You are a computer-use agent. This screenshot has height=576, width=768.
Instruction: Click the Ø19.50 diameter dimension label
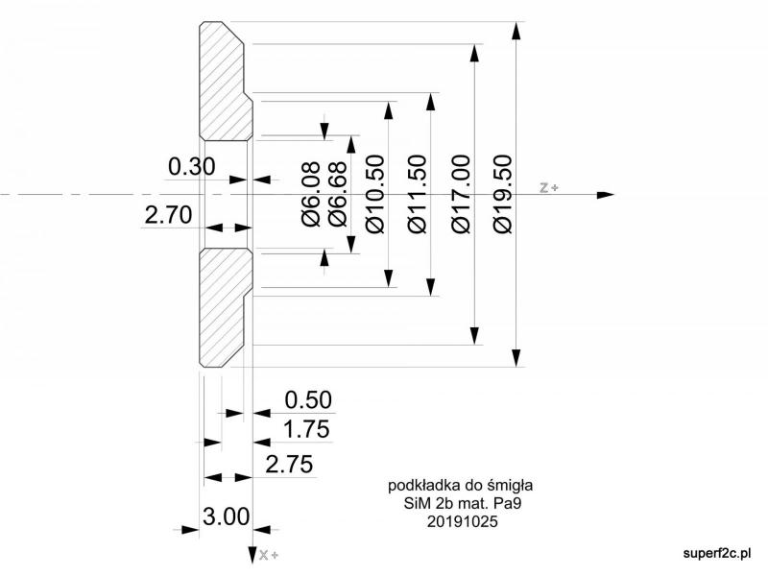(503, 194)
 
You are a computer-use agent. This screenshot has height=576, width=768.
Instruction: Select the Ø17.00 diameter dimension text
(461, 194)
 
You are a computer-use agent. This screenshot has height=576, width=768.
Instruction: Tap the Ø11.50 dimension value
(418, 194)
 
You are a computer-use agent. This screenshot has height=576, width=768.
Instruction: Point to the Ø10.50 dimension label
(375, 194)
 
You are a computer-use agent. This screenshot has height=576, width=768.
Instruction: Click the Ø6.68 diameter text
(338, 194)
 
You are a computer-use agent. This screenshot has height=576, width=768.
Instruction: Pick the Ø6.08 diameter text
(311, 194)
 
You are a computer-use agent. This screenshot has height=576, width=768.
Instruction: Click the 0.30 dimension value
(191, 166)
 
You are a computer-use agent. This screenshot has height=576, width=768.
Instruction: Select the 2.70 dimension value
(169, 215)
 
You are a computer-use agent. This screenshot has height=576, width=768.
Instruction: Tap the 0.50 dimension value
(308, 400)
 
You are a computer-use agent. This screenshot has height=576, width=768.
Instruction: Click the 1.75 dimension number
(306, 429)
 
